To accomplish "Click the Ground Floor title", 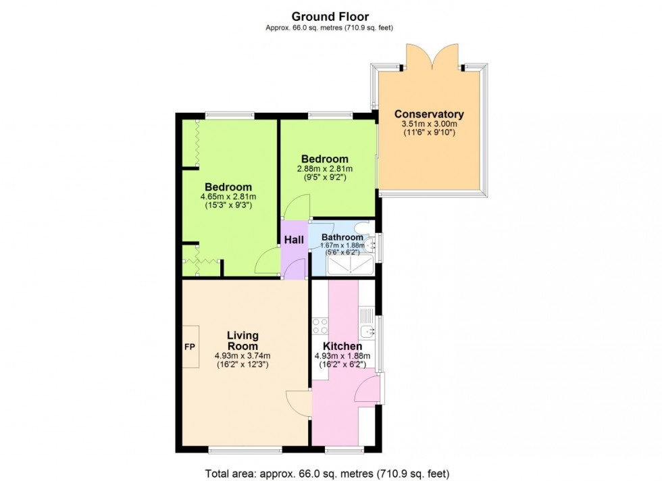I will click(x=330, y=16).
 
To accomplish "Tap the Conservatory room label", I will click(x=429, y=114).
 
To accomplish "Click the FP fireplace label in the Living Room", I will click(x=190, y=347).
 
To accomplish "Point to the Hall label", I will click(x=293, y=240).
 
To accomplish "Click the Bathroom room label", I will click(x=342, y=238).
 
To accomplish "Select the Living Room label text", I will click(x=243, y=340).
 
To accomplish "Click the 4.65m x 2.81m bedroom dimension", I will click(x=228, y=197).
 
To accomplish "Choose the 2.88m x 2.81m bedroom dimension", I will click(x=325, y=169).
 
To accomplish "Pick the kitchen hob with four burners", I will click(x=320, y=326).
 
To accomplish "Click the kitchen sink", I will click(x=367, y=331).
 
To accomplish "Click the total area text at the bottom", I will click(x=327, y=473).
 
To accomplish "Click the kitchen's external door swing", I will click(x=368, y=392).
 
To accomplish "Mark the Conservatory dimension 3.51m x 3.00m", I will click(x=429, y=124).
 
